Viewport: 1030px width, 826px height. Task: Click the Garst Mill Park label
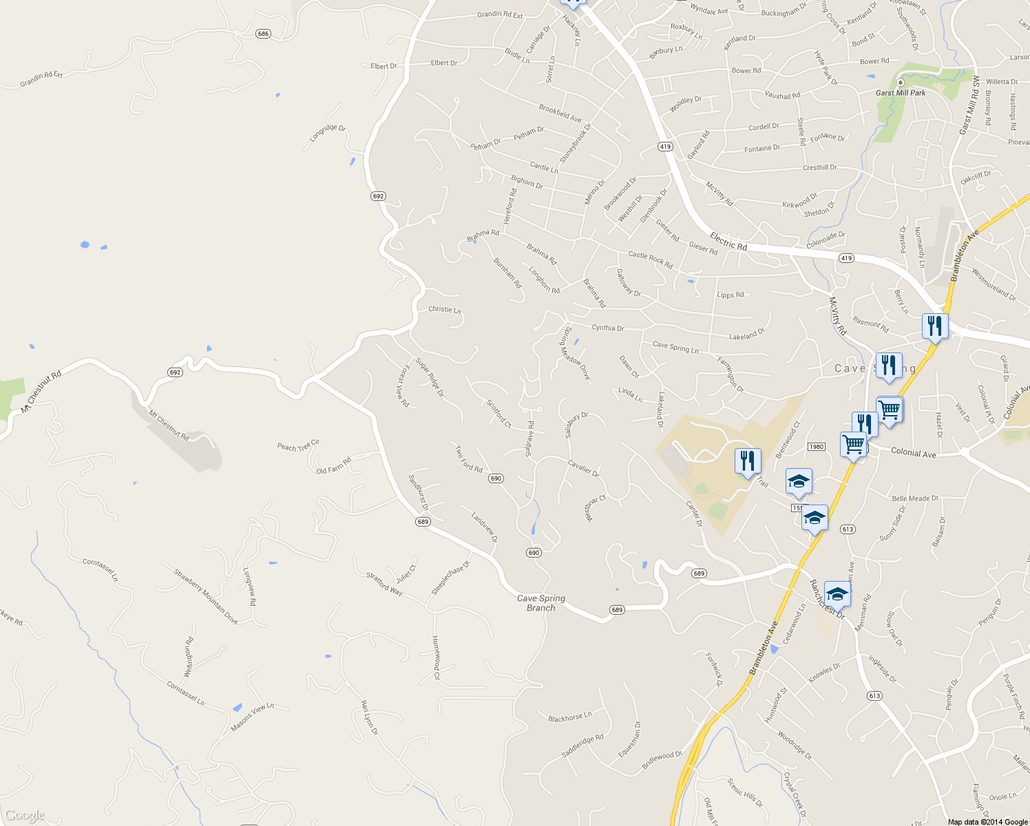(x=900, y=93)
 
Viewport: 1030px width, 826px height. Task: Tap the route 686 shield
(x=263, y=34)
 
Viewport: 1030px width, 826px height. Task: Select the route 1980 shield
(x=816, y=447)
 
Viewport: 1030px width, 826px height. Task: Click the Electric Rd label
(x=728, y=242)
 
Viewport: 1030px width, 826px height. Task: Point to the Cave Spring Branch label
(x=541, y=603)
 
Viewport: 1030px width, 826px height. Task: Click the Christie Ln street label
(x=444, y=310)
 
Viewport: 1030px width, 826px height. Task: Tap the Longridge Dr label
(x=327, y=133)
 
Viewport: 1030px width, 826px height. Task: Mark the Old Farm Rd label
(x=333, y=466)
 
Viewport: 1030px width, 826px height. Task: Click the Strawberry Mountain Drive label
(x=206, y=596)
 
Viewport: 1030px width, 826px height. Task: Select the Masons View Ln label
(x=252, y=717)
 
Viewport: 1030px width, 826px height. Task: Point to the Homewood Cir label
(x=436, y=658)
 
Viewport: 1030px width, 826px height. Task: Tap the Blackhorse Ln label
(x=569, y=718)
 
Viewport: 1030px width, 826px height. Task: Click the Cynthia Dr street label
(x=607, y=328)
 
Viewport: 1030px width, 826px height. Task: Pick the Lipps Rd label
(x=731, y=295)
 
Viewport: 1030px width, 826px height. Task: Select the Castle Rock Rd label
(x=650, y=260)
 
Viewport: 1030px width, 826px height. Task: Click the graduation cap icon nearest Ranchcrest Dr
(x=837, y=593)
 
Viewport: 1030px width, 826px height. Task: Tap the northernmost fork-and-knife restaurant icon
(x=935, y=326)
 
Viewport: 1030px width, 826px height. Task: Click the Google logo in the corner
(x=25, y=816)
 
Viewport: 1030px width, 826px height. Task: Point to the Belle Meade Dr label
(x=915, y=498)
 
